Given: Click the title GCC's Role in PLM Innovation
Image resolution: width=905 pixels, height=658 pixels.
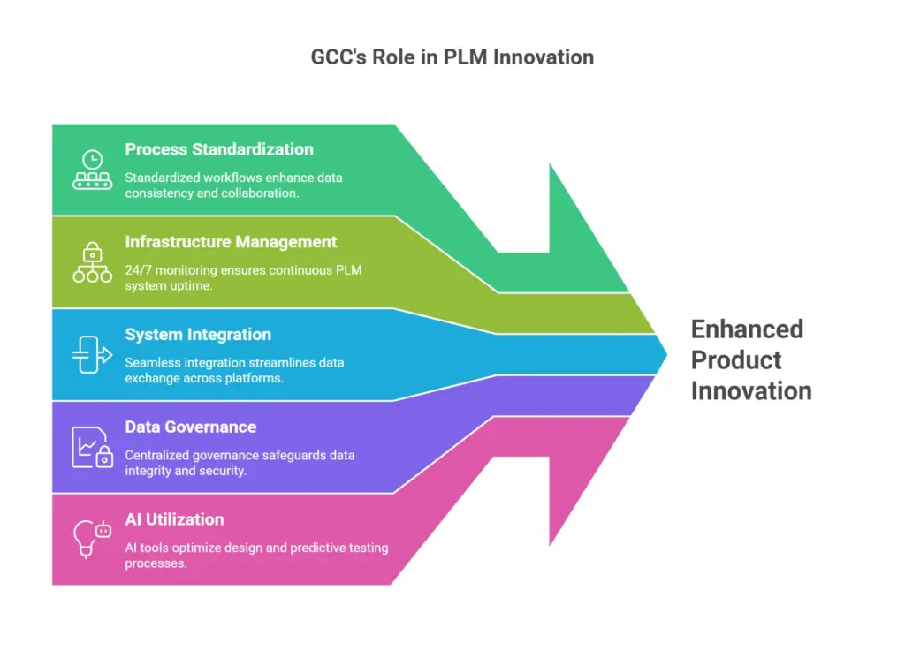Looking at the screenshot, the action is coord(452,57).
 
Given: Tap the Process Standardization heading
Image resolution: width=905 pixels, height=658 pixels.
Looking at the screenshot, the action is coord(219,149).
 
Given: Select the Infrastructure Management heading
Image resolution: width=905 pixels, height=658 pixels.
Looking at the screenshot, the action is coord(231,242).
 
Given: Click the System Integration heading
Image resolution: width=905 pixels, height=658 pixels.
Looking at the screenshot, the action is coord(198,335).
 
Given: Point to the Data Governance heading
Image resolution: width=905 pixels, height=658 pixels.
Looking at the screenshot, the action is coord(191,427).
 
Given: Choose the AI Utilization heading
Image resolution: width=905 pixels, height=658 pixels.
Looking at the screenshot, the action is coord(174,519).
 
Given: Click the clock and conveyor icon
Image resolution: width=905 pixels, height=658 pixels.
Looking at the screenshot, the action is coord(92,170).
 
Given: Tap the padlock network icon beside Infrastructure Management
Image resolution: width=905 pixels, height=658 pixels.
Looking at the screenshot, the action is coord(92,262).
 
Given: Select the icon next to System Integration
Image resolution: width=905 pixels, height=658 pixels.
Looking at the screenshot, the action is coord(92,355).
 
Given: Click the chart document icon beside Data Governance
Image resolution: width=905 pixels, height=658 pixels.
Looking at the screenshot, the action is coord(92,447).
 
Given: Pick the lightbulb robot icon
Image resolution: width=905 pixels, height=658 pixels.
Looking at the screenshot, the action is coord(92,539).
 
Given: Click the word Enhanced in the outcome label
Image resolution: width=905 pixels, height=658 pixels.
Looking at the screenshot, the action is coord(747,329).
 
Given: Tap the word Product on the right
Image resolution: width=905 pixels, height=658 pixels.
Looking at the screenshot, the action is coord(736,360).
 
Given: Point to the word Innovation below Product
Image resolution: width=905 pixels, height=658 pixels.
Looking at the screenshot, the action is coord(751,391).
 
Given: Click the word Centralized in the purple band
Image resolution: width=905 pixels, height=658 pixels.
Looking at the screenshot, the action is coord(157,455).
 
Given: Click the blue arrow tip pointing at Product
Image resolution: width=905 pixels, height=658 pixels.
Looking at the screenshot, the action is coord(666,354).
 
